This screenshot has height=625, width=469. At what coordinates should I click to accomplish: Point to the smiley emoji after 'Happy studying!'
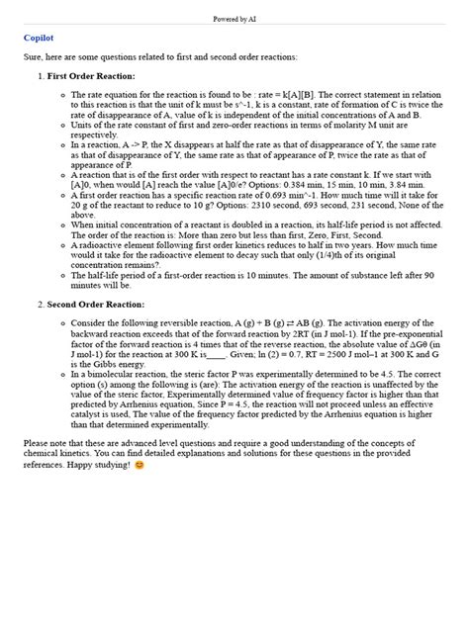coord(139,464)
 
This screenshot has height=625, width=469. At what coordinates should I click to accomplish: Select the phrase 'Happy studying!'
coord(101,464)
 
